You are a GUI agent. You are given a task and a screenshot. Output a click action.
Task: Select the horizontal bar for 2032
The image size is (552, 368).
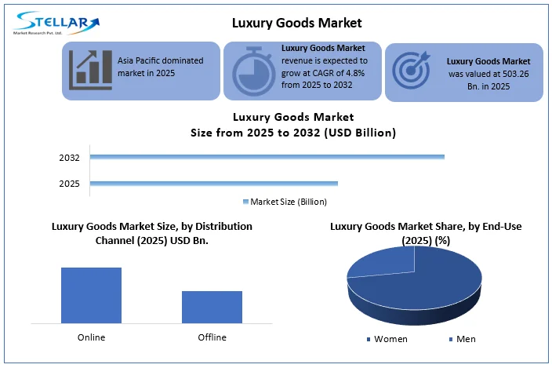click(267, 157)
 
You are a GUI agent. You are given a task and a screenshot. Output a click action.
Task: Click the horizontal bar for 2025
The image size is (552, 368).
click(214, 184)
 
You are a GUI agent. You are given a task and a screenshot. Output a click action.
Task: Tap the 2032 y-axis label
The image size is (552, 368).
click(70, 158)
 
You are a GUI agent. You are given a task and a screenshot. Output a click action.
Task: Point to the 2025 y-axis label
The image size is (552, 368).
click(70, 184)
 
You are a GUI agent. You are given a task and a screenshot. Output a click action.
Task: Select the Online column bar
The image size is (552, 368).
click(91, 294)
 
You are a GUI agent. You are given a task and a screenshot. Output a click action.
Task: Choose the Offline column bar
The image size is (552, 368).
click(212, 306)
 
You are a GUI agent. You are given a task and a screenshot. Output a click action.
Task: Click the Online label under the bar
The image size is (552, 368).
click(91, 337)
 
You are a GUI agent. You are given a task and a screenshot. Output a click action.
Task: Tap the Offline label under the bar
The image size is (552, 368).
click(212, 337)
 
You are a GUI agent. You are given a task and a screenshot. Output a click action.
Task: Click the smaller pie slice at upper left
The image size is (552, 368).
click(382, 263)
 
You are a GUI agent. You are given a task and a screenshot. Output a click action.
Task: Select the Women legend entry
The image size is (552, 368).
click(388, 339)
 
